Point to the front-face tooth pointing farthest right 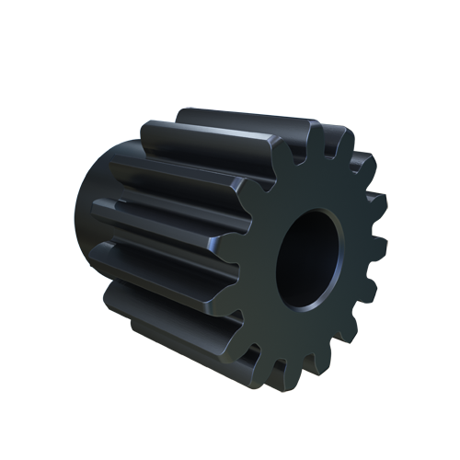click(x=378, y=248)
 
